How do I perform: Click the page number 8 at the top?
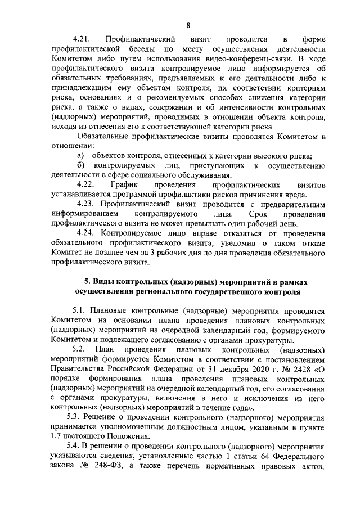tap(188, 24)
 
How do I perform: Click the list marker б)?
tap(80, 165)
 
